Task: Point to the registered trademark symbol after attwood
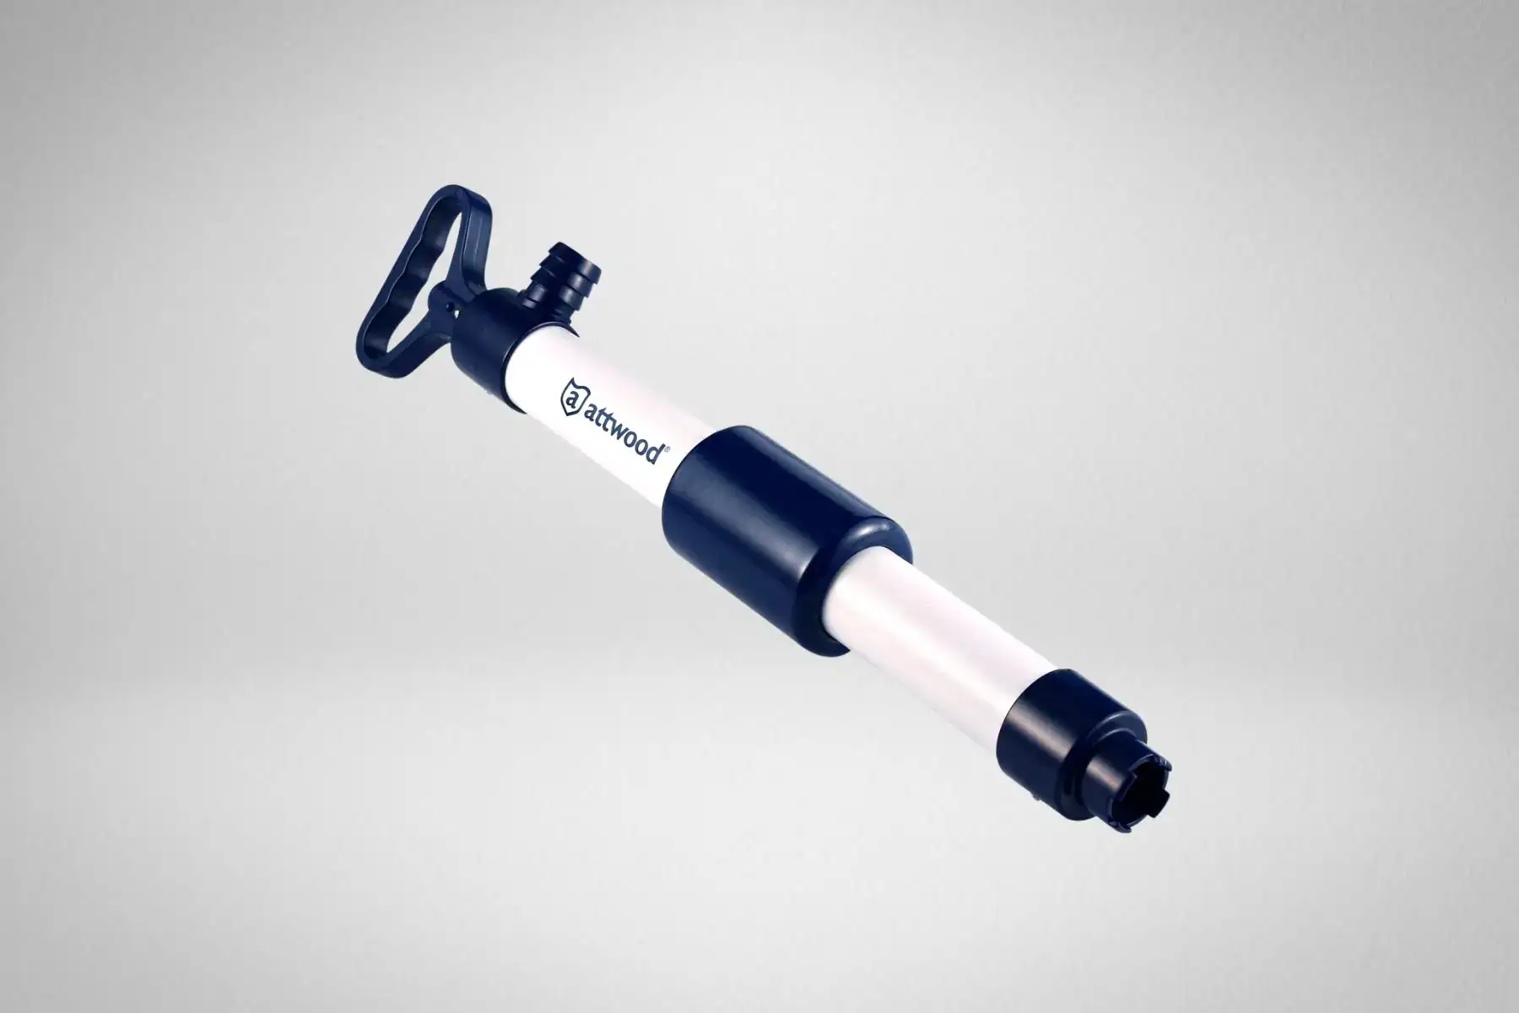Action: click(x=668, y=452)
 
